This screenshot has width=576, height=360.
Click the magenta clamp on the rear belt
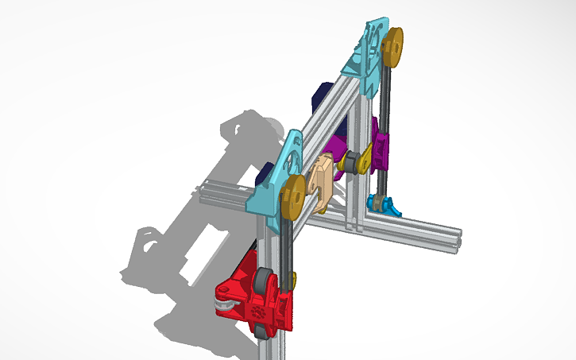tap(382, 143)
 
